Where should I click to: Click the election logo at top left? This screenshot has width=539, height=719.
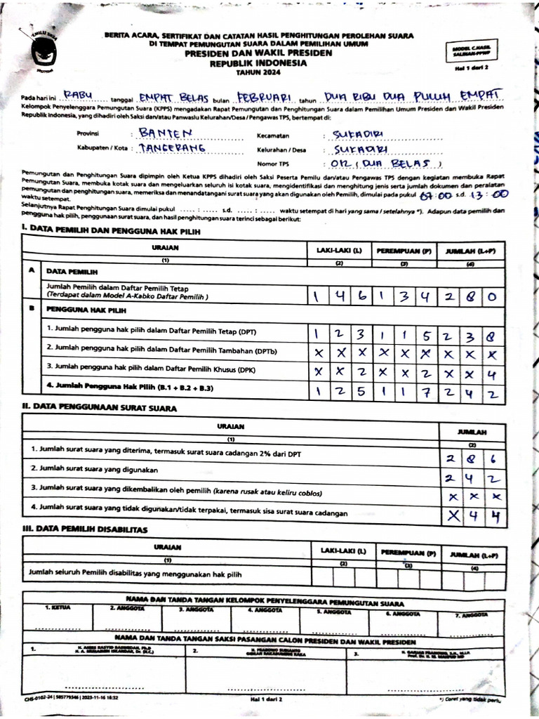(43, 51)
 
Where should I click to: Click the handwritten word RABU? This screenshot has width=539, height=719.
(82, 95)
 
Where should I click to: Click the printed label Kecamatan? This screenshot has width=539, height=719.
(274, 135)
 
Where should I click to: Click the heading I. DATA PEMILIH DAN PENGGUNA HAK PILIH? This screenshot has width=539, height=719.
(112, 230)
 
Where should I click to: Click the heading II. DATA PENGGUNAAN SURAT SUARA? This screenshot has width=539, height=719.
(99, 407)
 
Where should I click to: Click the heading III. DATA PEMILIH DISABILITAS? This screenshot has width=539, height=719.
(85, 529)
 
